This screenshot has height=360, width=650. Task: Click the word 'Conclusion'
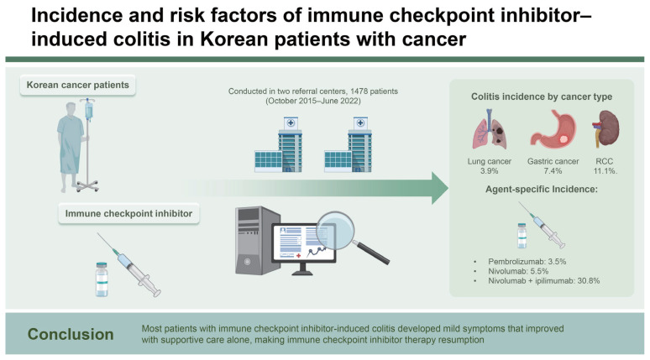71,334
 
